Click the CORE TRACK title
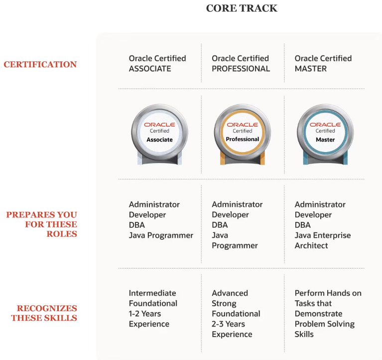(x=242, y=8)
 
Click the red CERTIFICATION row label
(x=40, y=64)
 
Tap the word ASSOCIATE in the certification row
(x=150, y=69)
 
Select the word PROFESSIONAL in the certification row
(x=241, y=69)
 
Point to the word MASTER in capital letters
(x=311, y=69)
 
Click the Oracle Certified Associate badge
(x=159, y=135)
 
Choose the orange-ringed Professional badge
(x=243, y=135)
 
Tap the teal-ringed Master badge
(x=325, y=135)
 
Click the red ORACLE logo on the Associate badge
(x=159, y=125)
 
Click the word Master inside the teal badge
(x=325, y=140)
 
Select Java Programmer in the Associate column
(x=161, y=236)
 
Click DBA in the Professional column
(x=220, y=225)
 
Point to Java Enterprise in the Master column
(x=323, y=235)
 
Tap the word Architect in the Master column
(x=311, y=246)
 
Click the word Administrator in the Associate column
(x=154, y=204)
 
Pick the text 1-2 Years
(x=145, y=314)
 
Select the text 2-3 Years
(x=228, y=324)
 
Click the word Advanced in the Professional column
(x=230, y=293)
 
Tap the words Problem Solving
(x=325, y=324)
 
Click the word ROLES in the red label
(x=62, y=234)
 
